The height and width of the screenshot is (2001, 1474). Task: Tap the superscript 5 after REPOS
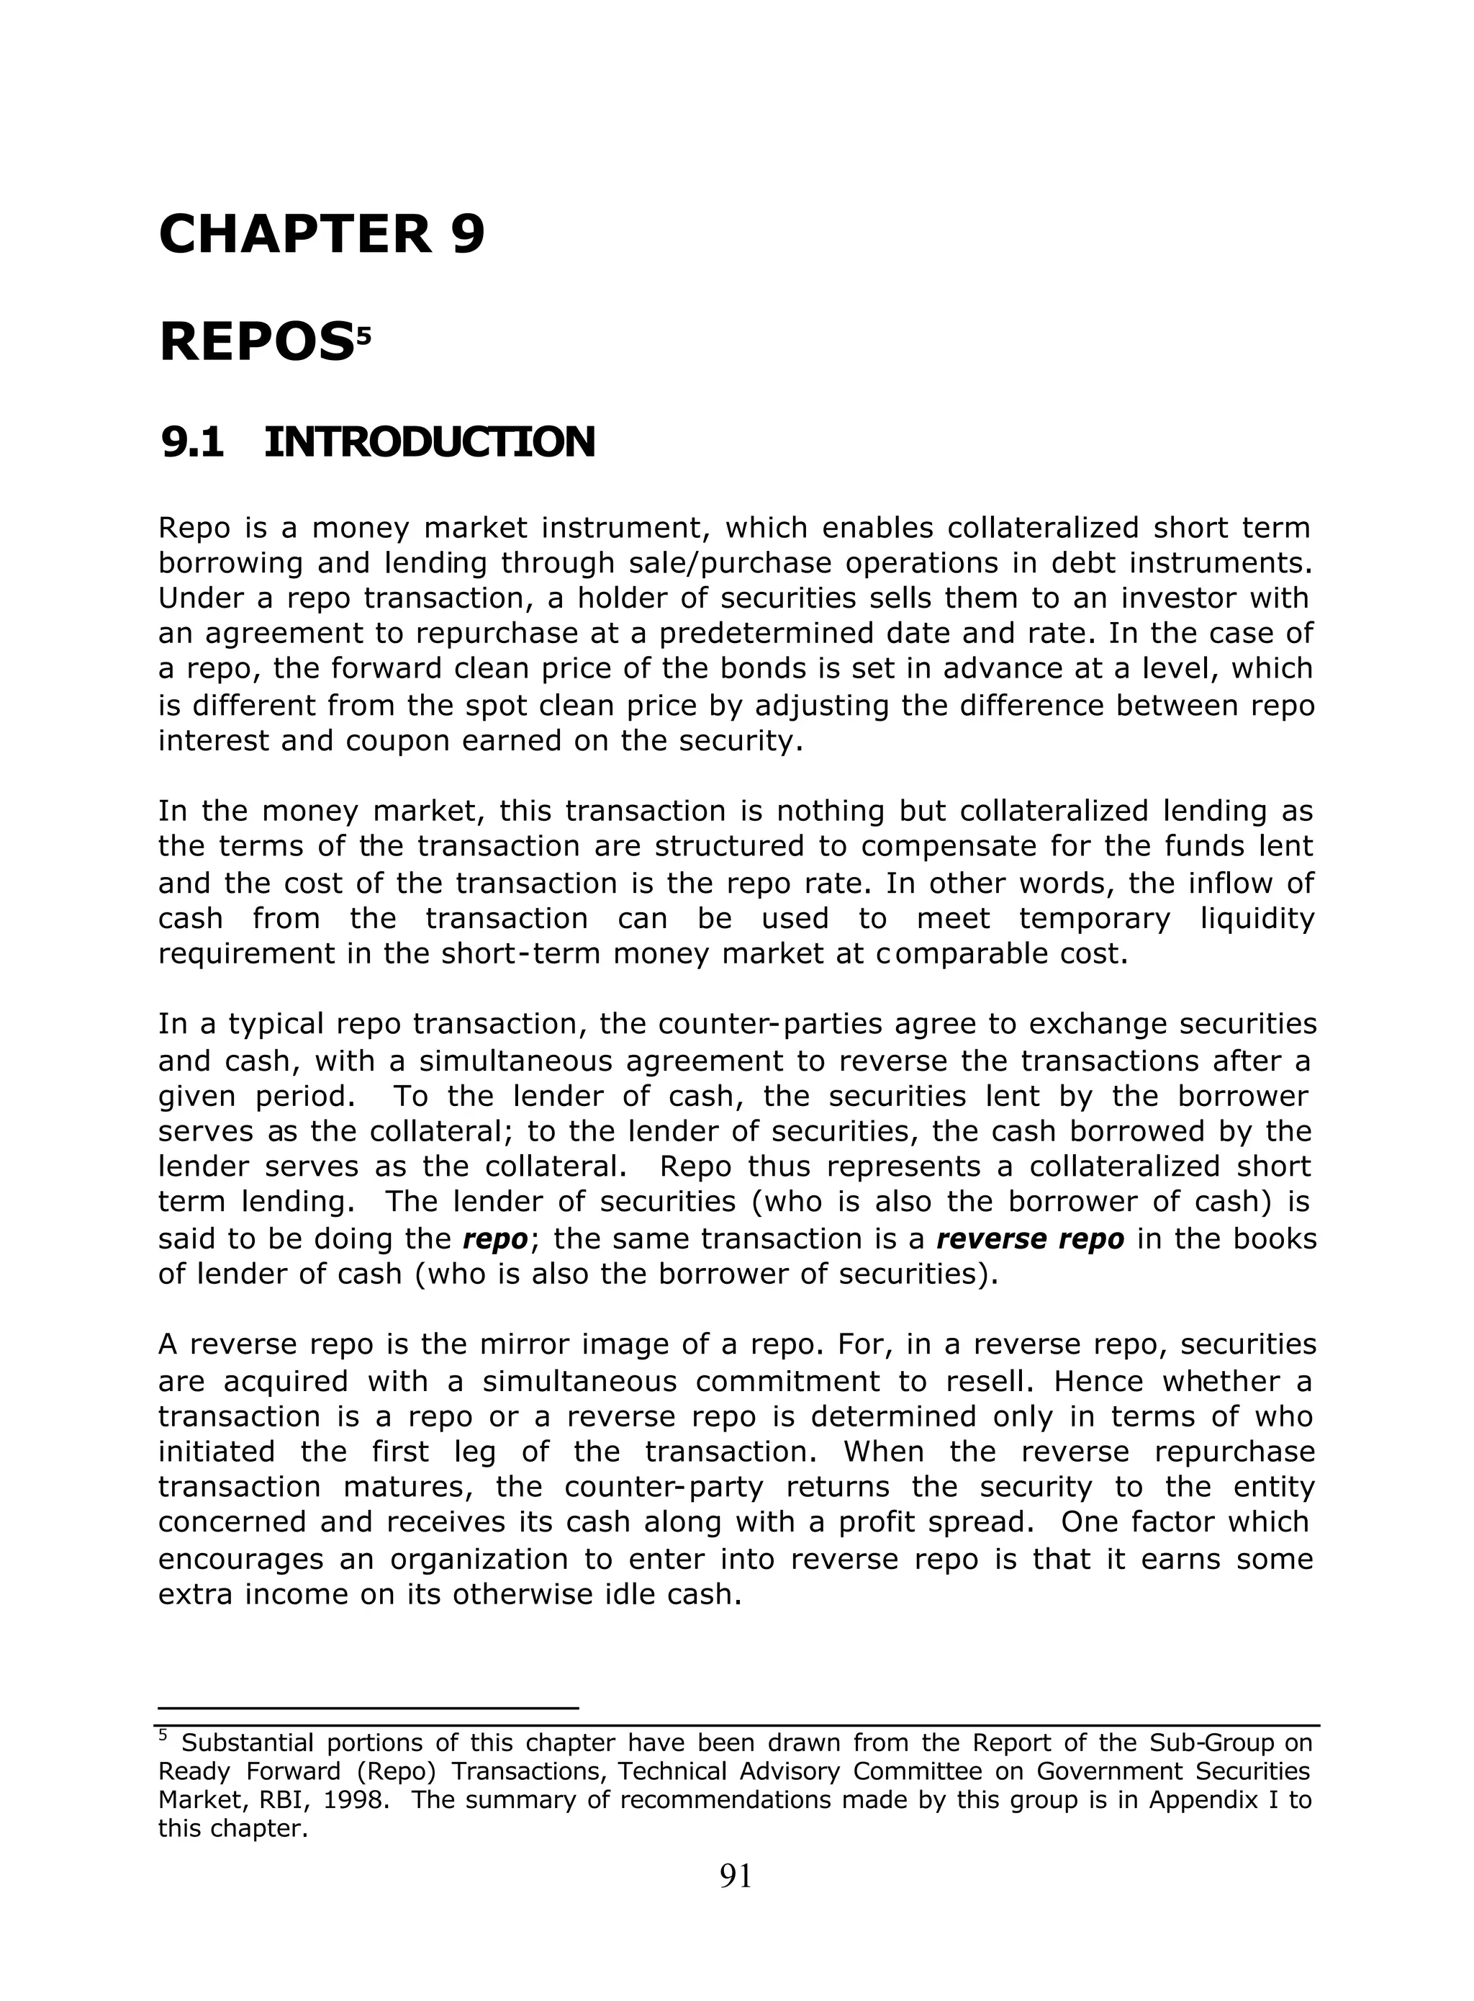363,336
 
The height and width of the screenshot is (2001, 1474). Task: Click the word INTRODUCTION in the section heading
429,443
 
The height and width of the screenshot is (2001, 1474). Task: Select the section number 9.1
193,443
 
